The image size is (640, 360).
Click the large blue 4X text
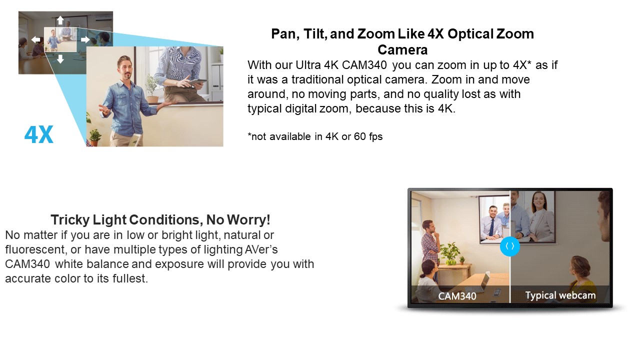coord(39,134)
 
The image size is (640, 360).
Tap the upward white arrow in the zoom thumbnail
coord(60,20)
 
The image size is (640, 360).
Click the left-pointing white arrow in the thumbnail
coord(35,39)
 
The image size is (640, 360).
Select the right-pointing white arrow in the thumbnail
coord(85,39)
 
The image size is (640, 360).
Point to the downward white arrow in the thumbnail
coord(60,59)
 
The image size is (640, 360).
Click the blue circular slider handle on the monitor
coord(510,246)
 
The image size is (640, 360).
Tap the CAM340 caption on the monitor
coord(457,296)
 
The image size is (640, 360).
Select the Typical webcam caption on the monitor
coord(560,295)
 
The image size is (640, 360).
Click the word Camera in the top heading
coord(402,49)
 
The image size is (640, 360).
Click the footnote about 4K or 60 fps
coord(315,136)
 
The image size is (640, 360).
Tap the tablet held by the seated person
coord(197,82)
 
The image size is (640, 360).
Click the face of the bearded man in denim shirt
coord(125,68)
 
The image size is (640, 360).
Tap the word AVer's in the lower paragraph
coord(261,249)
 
